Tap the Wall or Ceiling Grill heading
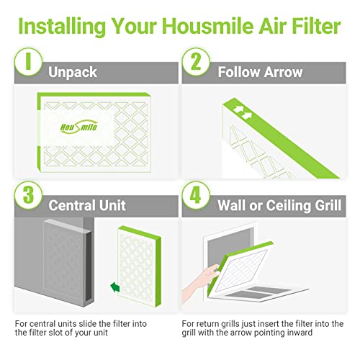pos(277,206)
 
